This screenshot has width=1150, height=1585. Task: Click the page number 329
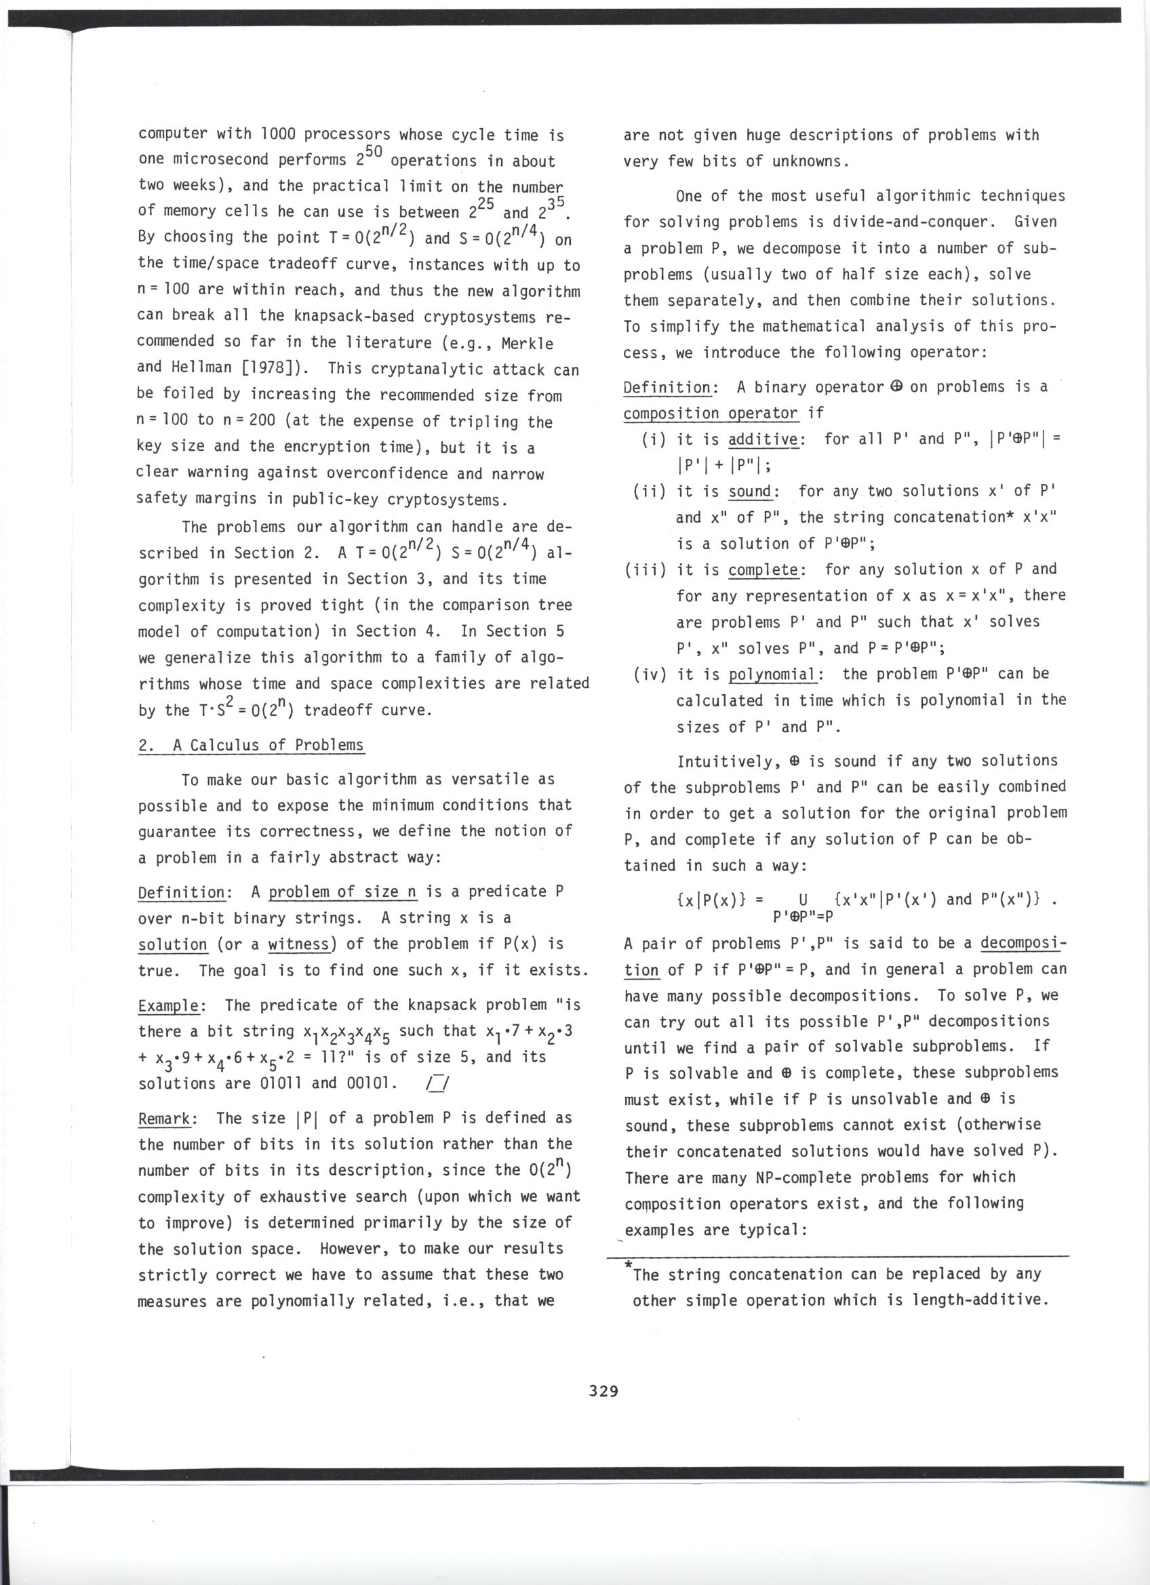[x=603, y=1390]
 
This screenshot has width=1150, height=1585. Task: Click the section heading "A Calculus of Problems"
[x=269, y=745]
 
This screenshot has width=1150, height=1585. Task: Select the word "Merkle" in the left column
[x=528, y=343]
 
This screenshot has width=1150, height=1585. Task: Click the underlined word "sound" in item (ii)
[x=749, y=491]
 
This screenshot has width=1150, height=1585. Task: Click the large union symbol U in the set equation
[x=804, y=900]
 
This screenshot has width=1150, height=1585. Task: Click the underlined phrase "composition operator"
[x=710, y=413]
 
